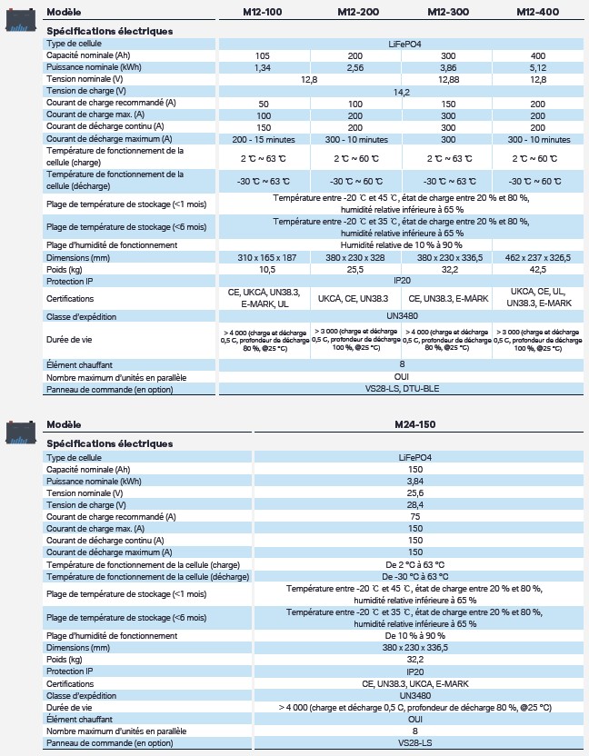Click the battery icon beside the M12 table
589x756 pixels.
click(x=21, y=17)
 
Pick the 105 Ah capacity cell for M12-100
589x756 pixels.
click(x=264, y=55)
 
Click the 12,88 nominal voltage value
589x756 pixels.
click(x=447, y=79)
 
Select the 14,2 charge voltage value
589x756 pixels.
click(x=401, y=92)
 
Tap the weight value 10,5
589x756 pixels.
click(x=264, y=269)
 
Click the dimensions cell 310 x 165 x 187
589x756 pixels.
click(x=264, y=257)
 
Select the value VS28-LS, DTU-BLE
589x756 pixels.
click(x=401, y=389)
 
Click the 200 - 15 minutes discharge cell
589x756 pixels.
click(x=264, y=139)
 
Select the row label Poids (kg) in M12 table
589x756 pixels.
click(x=65, y=269)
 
